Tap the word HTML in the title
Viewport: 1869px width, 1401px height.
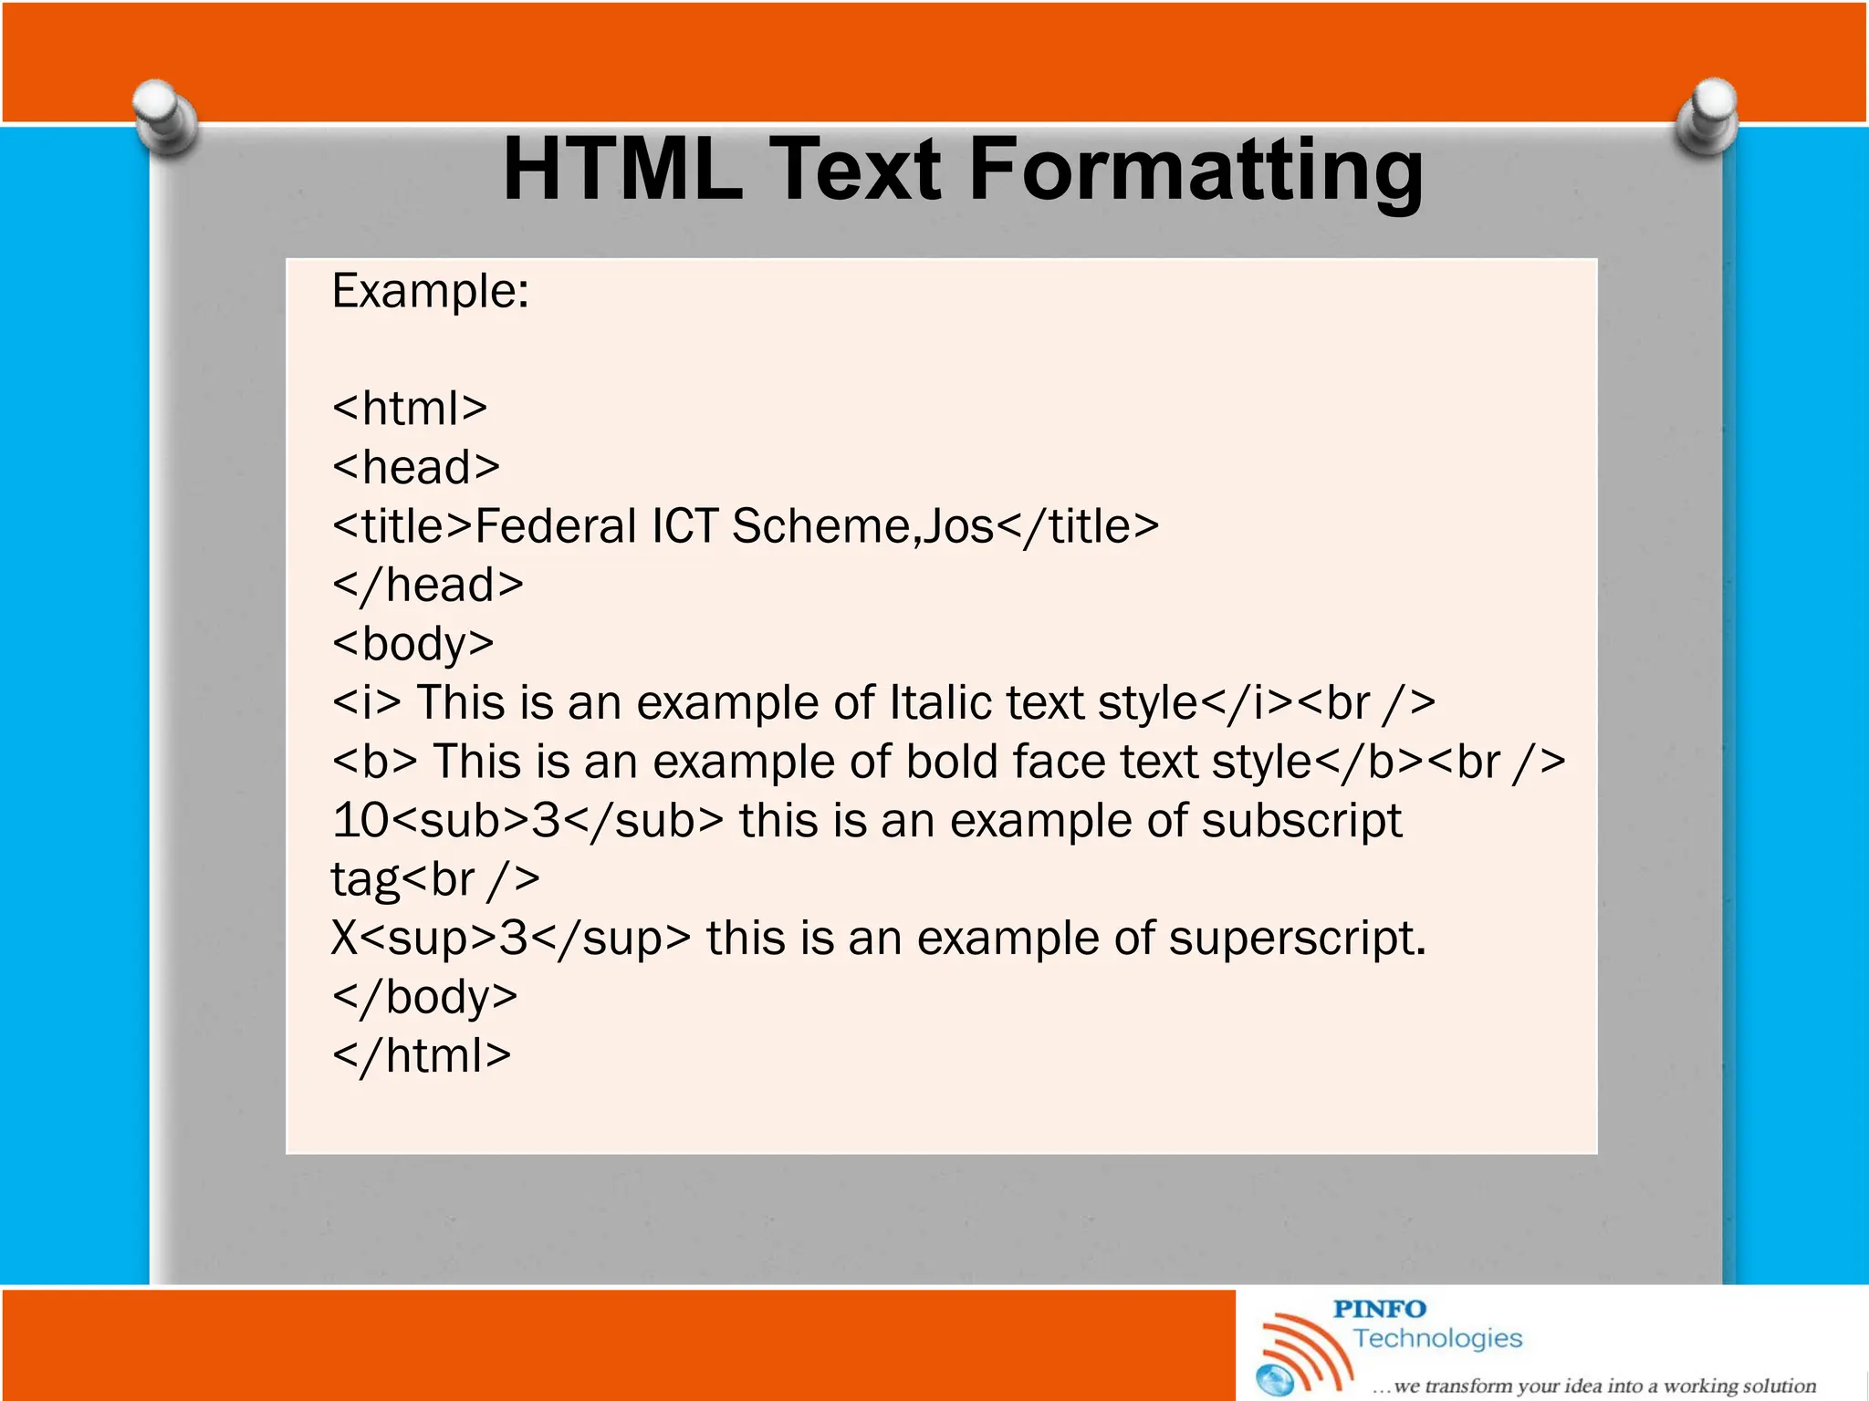pos(623,169)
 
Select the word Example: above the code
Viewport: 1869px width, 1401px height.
pos(430,292)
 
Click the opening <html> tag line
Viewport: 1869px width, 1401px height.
pos(410,408)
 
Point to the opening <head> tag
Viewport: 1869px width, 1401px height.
pos(416,467)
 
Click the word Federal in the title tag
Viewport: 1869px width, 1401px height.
pos(556,526)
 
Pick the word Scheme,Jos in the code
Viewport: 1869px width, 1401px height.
pos(862,526)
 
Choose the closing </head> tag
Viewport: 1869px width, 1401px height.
pos(428,585)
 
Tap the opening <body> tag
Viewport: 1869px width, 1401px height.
pos(413,644)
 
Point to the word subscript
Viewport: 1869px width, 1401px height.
pos(1301,821)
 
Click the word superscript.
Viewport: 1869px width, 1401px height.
pos(1296,939)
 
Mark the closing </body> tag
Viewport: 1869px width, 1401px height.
pos(425,997)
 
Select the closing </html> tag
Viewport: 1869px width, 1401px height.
pos(422,1056)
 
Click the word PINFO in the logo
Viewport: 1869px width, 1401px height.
pos(1379,1309)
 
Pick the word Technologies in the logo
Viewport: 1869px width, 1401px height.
pos(1437,1338)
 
